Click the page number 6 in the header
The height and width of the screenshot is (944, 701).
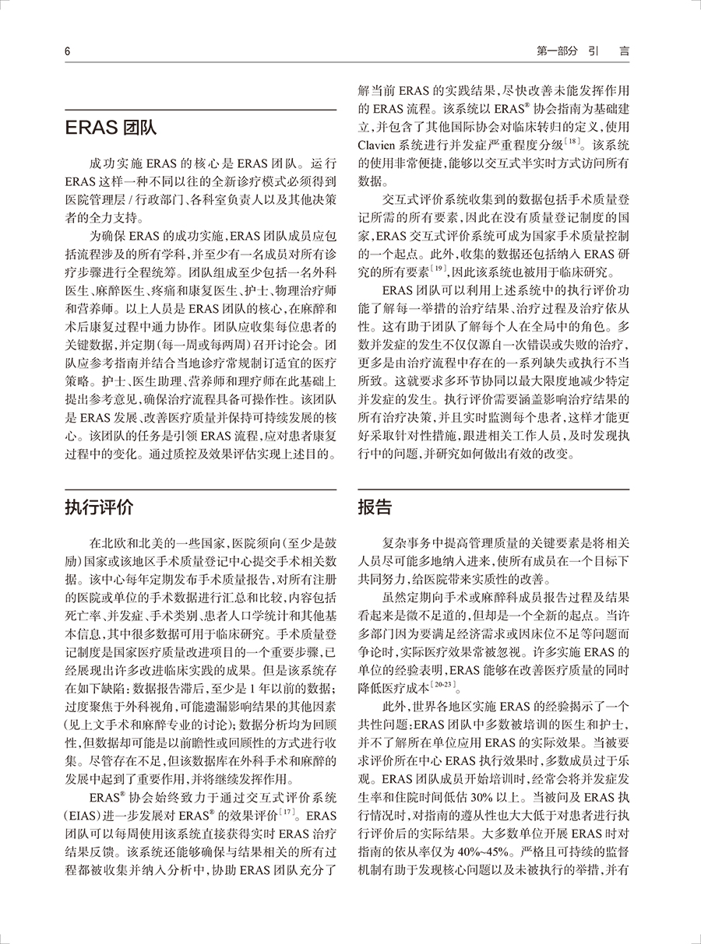point(68,51)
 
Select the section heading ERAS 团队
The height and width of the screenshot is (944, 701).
point(111,128)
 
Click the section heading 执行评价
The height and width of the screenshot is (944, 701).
point(99,508)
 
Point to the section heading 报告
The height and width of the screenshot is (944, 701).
point(375,508)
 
